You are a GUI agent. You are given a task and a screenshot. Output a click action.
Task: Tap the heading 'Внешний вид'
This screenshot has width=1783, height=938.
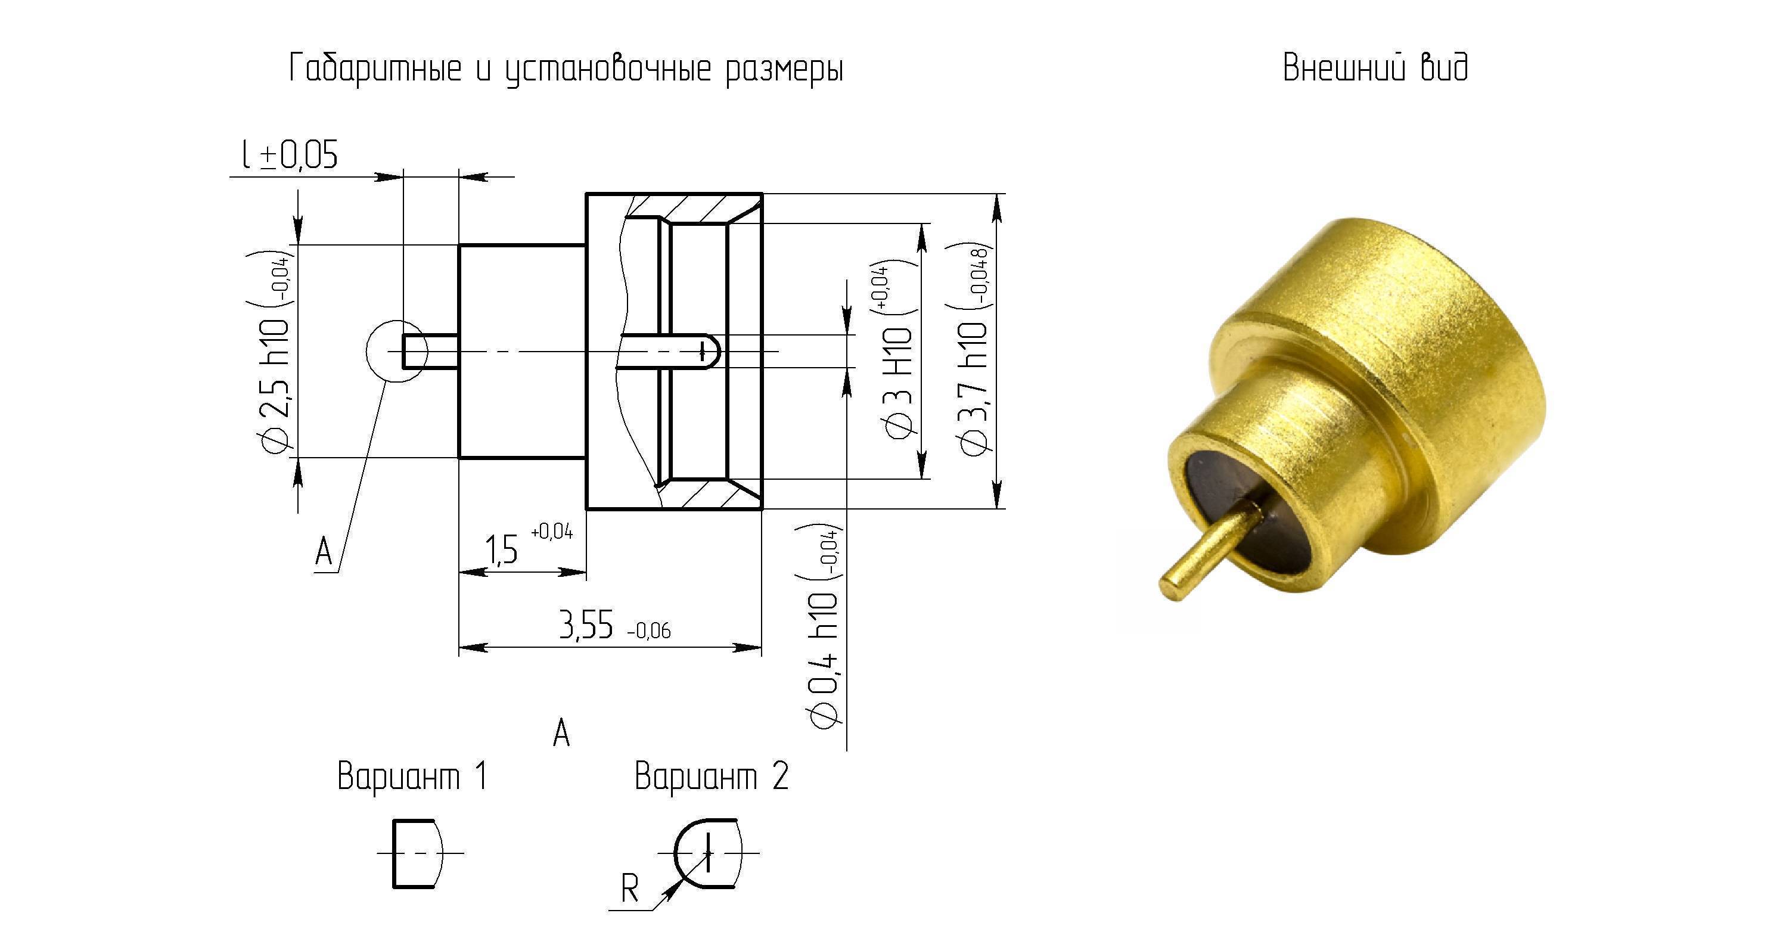(1375, 68)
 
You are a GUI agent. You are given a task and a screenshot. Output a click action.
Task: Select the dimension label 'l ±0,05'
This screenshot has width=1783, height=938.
(290, 154)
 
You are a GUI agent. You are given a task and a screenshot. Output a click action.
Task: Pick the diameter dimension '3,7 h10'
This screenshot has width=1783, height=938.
(973, 388)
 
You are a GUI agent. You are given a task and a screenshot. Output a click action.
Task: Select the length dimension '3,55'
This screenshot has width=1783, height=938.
(586, 626)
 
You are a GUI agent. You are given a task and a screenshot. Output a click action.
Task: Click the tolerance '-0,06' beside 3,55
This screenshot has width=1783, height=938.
(648, 630)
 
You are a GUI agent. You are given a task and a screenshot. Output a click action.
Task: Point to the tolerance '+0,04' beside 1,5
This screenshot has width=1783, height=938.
(552, 532)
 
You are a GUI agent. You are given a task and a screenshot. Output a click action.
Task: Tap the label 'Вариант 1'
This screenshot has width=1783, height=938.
(412, 776)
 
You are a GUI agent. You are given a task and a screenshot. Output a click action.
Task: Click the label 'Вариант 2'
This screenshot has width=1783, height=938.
(712, 776)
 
